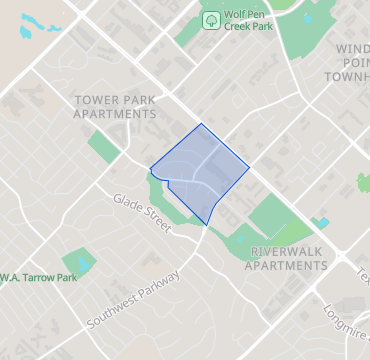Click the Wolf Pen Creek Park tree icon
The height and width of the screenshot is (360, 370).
pyautogui.click(x=211, y=19)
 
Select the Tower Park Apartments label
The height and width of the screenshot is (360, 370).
pyautogui.click(x=117, y=107)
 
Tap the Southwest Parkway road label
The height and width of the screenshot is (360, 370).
pyautogui.click(x=133, y=300)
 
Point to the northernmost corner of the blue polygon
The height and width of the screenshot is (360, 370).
pyautogui.click(x=202, y=124)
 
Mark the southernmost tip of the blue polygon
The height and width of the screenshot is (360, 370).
pyautogui.click(x=206, y=224)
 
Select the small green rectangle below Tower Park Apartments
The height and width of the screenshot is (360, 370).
pyautogui.click(x=103, y=146)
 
